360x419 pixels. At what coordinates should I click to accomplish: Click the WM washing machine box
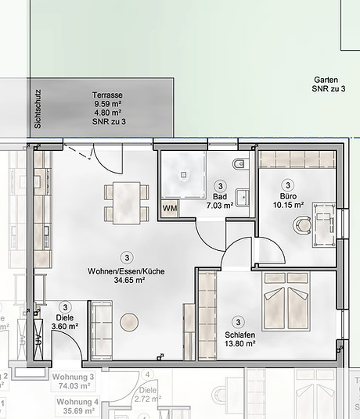pos(169,208)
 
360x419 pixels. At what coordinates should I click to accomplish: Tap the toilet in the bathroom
pos(240,167)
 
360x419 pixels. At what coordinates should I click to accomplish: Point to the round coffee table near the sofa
pos(128,321)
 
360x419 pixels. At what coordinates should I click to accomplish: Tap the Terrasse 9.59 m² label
pos(107,100)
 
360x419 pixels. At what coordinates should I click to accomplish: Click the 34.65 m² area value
pos(126,279)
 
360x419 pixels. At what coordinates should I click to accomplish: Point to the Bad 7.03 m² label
pos(220,201)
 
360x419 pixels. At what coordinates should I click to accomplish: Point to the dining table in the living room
pos(126,202)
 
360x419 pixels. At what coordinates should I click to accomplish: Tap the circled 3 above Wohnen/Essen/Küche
pos(126,256)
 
